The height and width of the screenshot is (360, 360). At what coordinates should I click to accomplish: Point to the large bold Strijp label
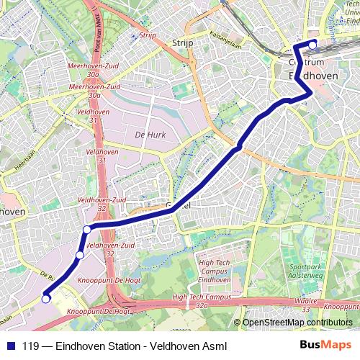184,44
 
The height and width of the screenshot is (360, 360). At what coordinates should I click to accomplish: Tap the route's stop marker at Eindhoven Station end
312,44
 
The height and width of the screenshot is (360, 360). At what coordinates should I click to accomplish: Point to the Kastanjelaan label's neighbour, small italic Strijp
148,35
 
